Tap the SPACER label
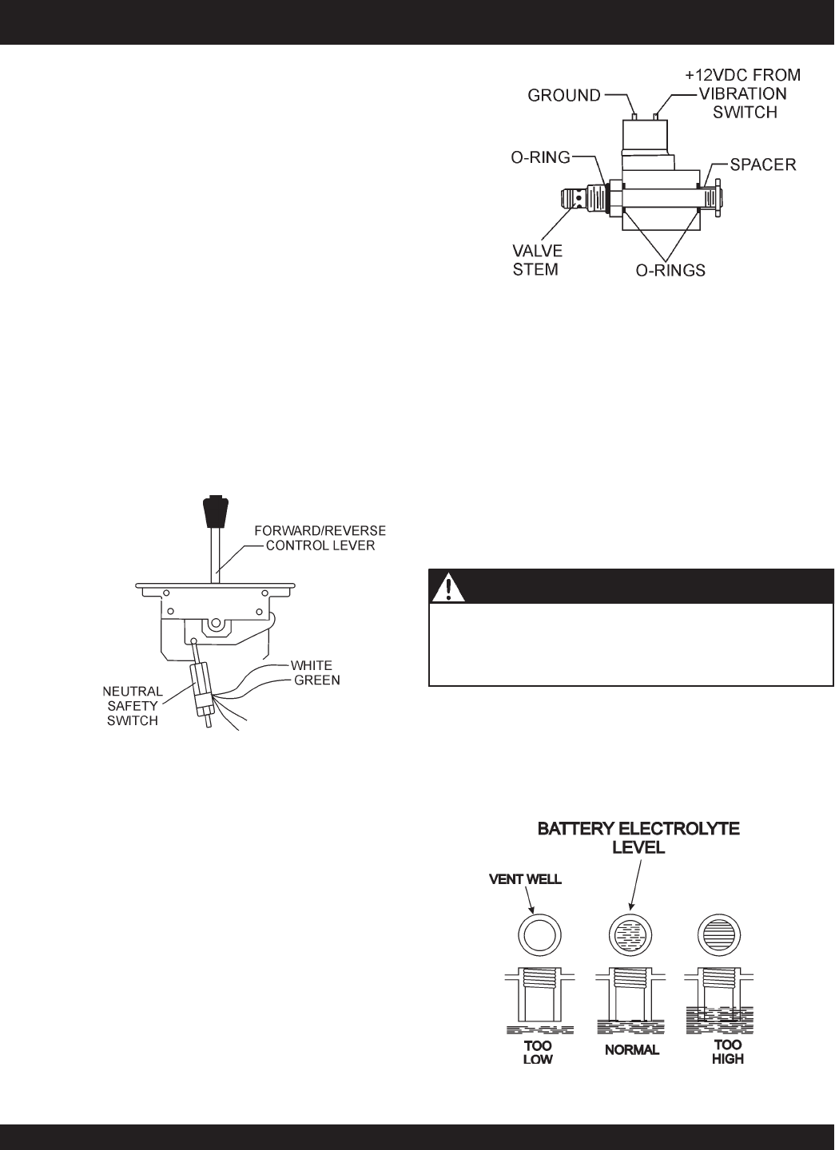pyautogui.click(x=764, y=165)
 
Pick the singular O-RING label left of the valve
pyautogui.click(x=542, y=157)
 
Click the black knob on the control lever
pyautogui.click(x=213, y=511)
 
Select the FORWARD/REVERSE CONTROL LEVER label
pyautogui.click(x=320, y=537)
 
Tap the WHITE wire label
pyautogui.click(x=312, y=665)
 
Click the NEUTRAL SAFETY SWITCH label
pyautogui.click(x=134, y=705)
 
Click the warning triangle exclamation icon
pyautogui.click(x=449, y=589)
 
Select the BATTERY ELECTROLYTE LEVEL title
pyautogui.click(x=638, y=838)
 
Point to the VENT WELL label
pyautogui.click(x=525, y=879)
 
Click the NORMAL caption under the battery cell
pyautogui.click(x=632, y=1050)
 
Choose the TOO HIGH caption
pyautogui.click(x=727, y=1052)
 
